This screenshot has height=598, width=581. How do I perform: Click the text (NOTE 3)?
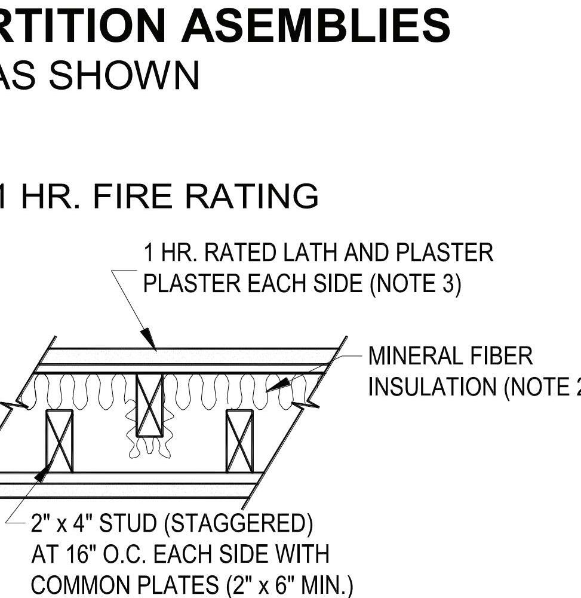click(x=416, y=283)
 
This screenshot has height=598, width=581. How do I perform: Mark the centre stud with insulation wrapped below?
click(x=149, y=406)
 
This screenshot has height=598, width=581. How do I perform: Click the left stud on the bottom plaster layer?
click(x=59, y=441)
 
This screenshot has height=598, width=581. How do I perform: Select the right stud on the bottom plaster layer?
click(x=239, y=441)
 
